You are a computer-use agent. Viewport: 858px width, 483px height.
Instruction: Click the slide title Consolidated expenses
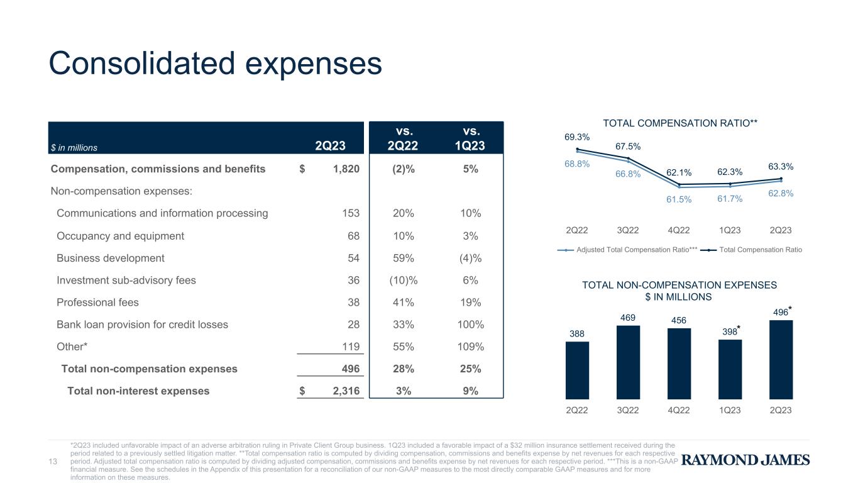pyautogui.click(x=215, y=64)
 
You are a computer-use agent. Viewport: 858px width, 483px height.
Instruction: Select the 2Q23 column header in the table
pyautogui.click(x=330, y=146)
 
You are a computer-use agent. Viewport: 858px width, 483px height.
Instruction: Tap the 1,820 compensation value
pyautogui.click(x=346, y=169)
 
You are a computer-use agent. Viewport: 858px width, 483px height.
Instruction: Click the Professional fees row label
pyautogui.click(x=97, y=303)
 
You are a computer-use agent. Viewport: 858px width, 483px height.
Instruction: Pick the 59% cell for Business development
pyautogui.click(x=404, y=258)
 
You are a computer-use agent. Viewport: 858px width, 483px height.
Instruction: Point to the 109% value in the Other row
pyautogui.click(x=470, y=347)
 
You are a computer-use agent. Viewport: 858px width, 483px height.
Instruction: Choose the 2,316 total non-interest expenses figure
pyautogui.click(x=346, y=391)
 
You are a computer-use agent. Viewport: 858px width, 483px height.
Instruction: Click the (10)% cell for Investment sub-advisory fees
pyautogui.click(x=404, y=280)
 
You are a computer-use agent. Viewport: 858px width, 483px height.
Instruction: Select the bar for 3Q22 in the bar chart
pyautogui.click(x=628, y=362)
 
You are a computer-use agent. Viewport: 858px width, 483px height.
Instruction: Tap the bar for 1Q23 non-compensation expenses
pyautogui.click(x=730, y=369)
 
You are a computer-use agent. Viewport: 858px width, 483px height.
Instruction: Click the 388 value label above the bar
pyautogui.click(x=577, y=334)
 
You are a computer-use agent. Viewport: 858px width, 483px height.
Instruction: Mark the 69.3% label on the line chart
pyautogui.click(x=577, y=137)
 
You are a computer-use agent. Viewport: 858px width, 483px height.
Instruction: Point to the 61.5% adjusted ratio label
pyautogui.click(x=679, y=199)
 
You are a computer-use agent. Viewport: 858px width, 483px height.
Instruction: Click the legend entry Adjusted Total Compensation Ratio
pyautogui.click(x=627, y=250)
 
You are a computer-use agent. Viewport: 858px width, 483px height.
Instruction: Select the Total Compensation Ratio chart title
pyautogui.click(x=680, y=123)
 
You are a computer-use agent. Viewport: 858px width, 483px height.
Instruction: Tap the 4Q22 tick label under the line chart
pyautogui.click(x=679, y=230)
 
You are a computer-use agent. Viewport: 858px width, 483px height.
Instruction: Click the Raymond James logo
pyautogui.click(x=745, y=460)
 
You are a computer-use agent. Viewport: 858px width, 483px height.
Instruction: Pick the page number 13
pyautogui.click(x=53, y=462)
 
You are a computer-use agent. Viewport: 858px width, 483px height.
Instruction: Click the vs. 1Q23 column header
pyautogui.click(x=470, y=138)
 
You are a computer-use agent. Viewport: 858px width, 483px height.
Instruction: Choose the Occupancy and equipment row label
pyautogui.click(x=120, y=236)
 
